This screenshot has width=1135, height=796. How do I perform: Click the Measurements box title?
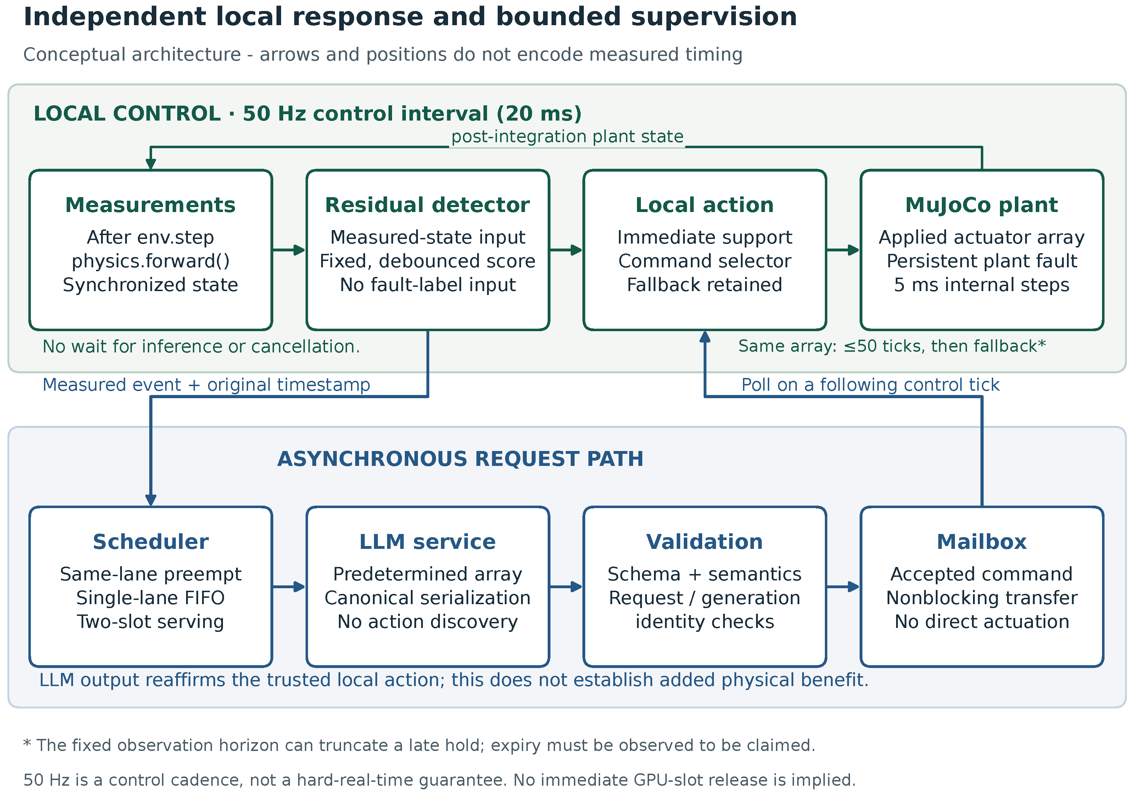150,205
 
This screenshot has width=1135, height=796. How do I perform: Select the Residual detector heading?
427,205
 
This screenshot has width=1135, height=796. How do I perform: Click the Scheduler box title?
150,541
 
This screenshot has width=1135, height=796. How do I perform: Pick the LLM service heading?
427,541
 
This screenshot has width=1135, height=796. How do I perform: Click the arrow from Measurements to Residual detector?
289,250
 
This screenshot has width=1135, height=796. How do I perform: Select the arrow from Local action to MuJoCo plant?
843,250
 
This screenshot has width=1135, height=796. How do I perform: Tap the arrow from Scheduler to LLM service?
289,586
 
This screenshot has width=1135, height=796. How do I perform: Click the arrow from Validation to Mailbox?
843,586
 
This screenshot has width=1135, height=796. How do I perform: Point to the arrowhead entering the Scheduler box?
151,500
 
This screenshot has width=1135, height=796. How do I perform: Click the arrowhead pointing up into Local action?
705,337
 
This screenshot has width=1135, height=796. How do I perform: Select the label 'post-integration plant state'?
567,137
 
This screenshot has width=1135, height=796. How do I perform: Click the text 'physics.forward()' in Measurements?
150,261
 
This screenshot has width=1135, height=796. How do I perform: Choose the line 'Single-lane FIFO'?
150,598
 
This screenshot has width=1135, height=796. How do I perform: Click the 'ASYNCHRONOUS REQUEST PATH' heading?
460,459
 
